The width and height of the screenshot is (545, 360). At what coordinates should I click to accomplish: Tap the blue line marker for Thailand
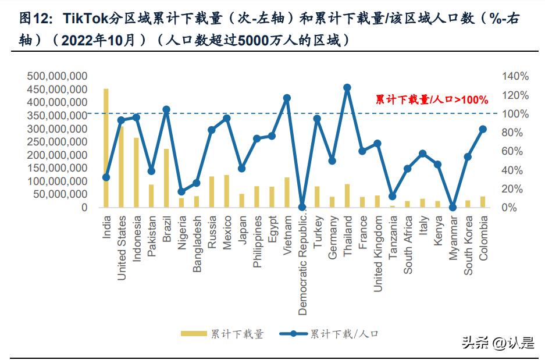[347, 88]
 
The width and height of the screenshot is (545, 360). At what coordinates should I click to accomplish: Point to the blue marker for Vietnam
[287, 98]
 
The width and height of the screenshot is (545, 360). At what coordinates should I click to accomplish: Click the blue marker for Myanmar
[453, 207]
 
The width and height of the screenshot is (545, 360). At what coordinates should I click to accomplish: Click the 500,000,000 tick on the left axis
[57, 76]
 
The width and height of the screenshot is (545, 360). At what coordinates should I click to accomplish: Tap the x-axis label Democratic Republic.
[302, 265]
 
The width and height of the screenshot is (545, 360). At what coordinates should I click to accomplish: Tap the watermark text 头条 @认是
[497, 343]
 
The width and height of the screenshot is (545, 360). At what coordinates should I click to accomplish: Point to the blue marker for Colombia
[483, 129]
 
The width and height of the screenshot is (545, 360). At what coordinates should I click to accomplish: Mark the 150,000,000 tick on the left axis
[57, 168]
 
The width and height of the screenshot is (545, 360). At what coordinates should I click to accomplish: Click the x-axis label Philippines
[257, 242]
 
